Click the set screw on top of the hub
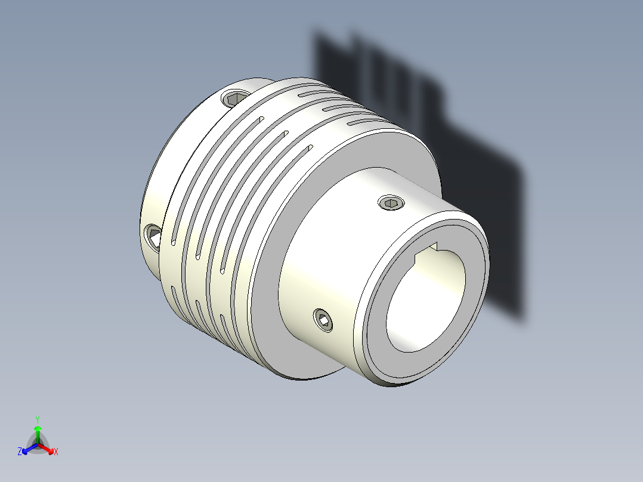(x=391, y=204)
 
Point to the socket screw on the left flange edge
(x=153, y=235)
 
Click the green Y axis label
(x=38, y=419)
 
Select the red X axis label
(x=56, y=452)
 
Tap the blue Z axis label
(x=20, y=452)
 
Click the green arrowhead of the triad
(x=38, y=428)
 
